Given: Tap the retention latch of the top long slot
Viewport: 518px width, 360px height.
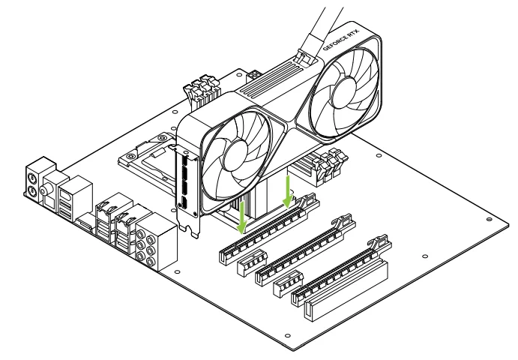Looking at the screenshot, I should [x=307, y=198].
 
